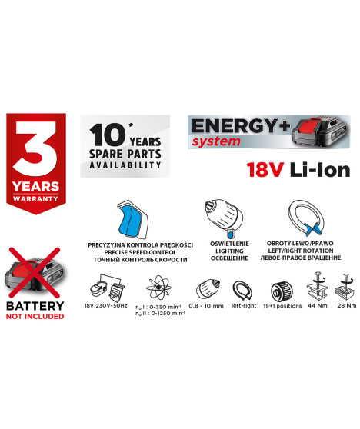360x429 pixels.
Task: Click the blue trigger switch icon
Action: (132, 217)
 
